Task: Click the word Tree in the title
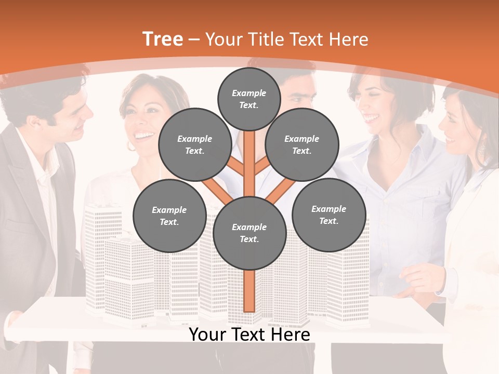[x=163, y=39]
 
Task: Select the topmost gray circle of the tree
[x=249, y=98]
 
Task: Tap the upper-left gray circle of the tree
[x=194, y=144]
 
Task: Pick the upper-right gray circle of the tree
[x=301, y=144]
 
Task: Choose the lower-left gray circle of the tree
[x=169, y=216]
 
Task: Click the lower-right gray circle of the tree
[x=329, y=215]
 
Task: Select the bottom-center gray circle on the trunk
[x=249, y=233]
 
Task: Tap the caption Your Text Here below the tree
[x=249, y=335]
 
